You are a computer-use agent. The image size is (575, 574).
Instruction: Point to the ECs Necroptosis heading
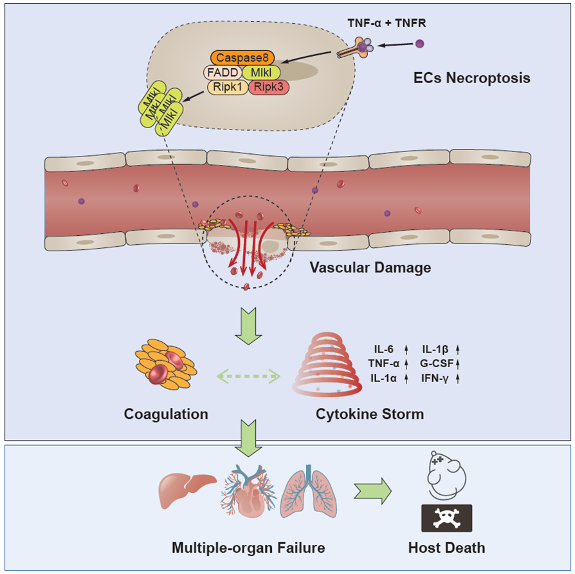coord(471,79)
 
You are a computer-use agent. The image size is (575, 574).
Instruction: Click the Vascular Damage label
coord(370,267)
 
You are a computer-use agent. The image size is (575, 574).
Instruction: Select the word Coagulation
coord(166,414)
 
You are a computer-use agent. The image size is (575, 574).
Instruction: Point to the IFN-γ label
coord(435,379)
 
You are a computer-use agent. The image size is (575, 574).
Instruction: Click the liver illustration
coord(186,489)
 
